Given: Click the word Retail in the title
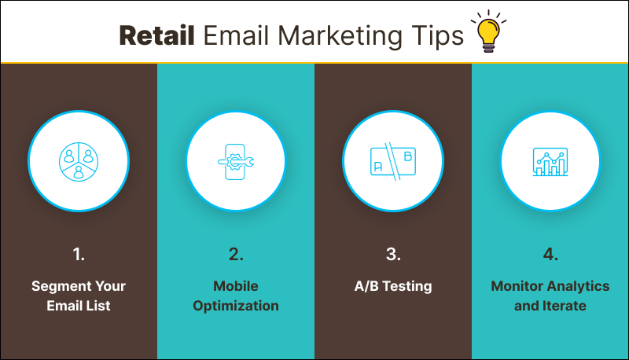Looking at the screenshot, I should [157, 35].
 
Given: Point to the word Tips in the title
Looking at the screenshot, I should [442, 35].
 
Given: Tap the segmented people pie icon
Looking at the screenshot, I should [79, 161].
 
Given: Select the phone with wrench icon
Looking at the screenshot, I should [236, 161].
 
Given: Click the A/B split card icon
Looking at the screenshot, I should [393, 161].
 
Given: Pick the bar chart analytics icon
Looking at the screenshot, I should [550, 161].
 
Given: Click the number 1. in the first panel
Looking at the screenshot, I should [79, 254].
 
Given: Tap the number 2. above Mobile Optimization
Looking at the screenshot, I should [236, 254].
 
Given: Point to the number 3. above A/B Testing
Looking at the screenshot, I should [393, 254].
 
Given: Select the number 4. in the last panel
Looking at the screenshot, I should [550, 254].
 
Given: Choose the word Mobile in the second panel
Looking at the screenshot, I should [236, 286].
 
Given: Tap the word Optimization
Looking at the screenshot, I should [236, 306].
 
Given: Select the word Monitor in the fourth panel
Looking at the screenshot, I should [517, 286].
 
